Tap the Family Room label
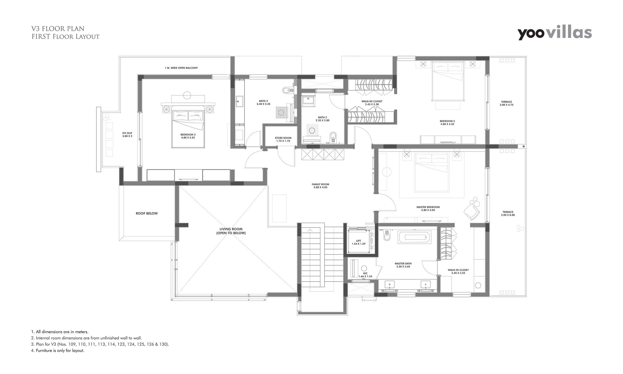coord(320,186)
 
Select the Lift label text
coord(358,242)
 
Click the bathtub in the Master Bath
coord(415,237)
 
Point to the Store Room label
coord(283,139)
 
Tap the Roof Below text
coord(147,214)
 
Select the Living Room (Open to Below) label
coord(231,231)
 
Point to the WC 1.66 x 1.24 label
coord(365,275)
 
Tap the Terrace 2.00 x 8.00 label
coord(508,214)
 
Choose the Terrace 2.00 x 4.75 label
coord(506,103)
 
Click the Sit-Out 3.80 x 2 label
coord(127,135)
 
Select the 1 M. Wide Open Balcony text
coord(181,68)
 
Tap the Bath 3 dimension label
coord(263,103)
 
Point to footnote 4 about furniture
coord(58,350)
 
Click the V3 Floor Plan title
coord(58,28)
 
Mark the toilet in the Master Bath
coord(387,236)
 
